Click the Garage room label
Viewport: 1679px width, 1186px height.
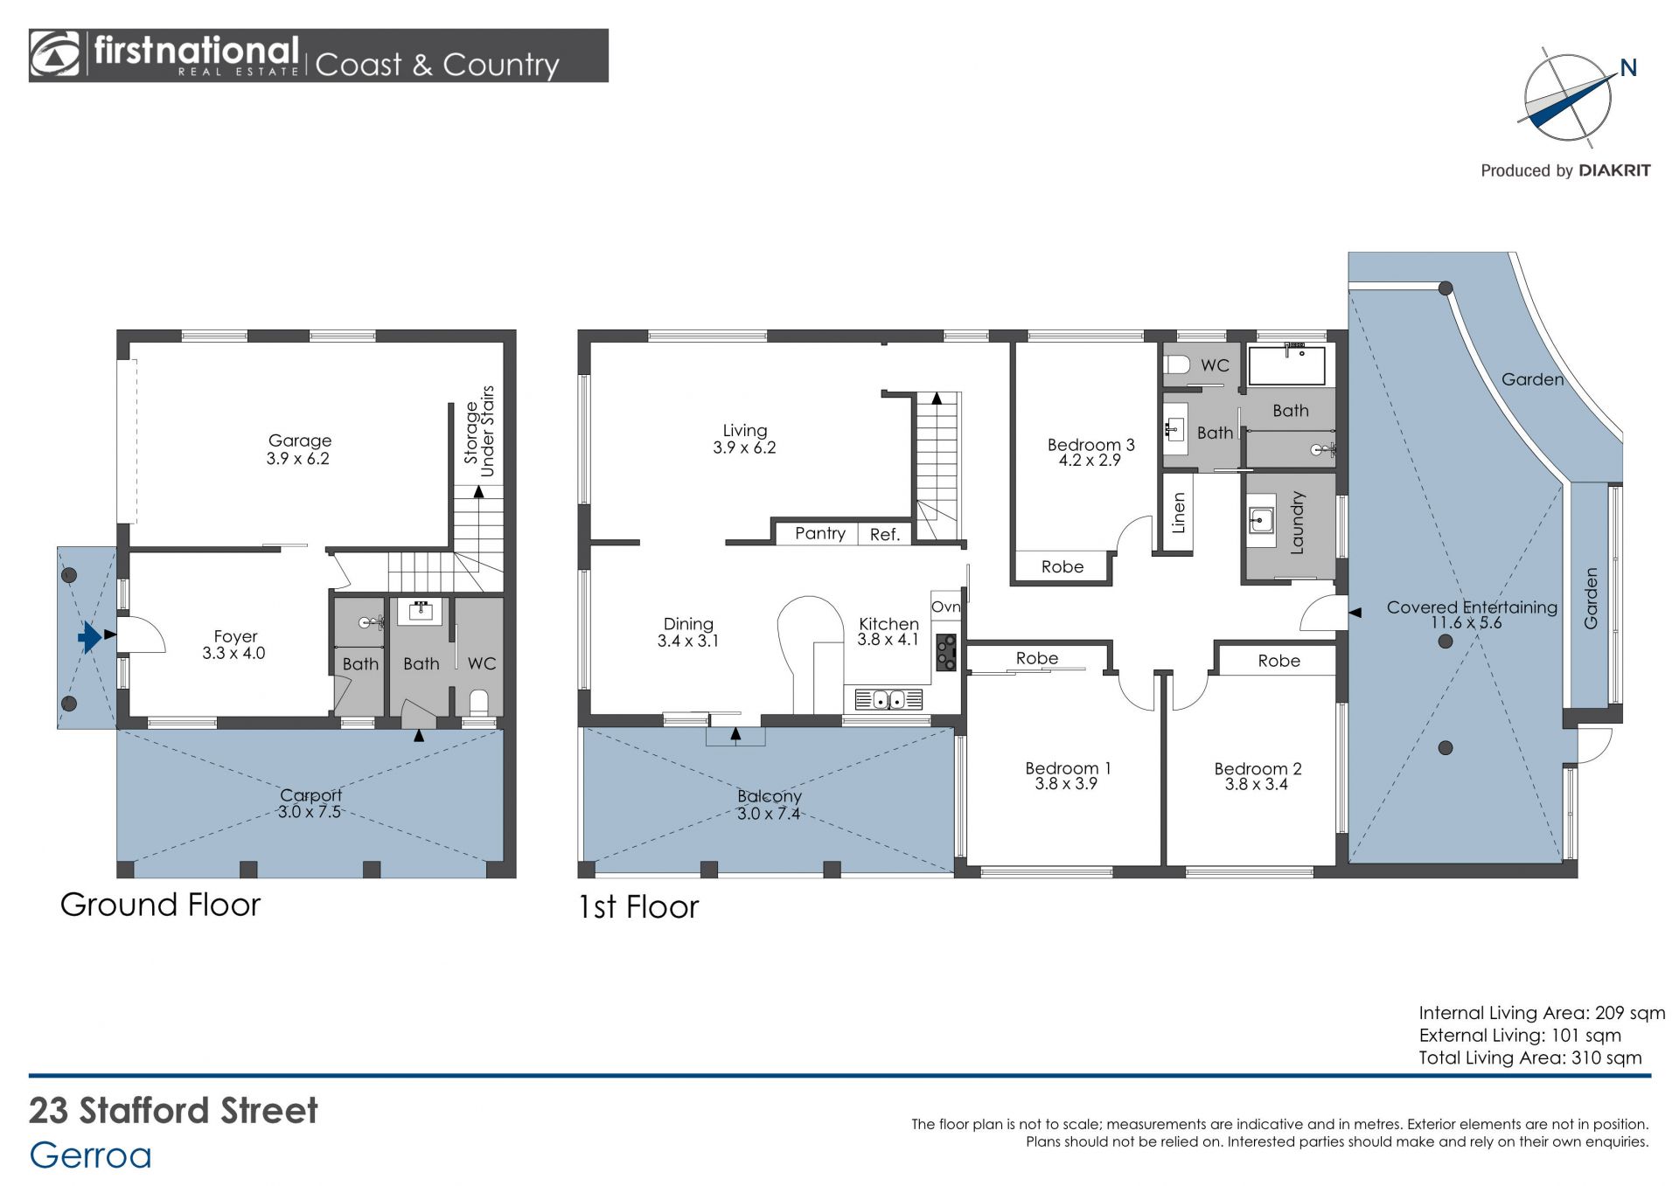pyautogui.click(x=299, y=440)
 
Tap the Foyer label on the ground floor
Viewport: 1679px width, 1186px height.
pyautogui.click(x=235, y=636)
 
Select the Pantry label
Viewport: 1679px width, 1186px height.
pyautogui.click(x=819, y=533)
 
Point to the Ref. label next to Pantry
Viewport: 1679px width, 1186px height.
pyautogui.click(x=884, y=535)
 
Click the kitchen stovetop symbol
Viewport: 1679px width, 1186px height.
pyautogui.click(x=946, y=652)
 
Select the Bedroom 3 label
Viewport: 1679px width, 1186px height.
pyautogui.click(x=1090, y=445)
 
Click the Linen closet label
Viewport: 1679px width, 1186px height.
pyautogui.click(x=1178, y=513)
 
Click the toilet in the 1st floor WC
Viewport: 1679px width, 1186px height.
pyautogui.click(x=1176, y=364)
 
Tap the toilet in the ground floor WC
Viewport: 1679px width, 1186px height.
pyautogui.click(x=478, y=703)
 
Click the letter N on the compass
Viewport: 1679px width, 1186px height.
pyautogui.click(x=1627, y=67)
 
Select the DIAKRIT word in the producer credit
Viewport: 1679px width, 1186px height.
pyautogui.click(x=1614, y=170)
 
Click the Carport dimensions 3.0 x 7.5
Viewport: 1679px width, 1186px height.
pyautogui.click(x=309, y=812)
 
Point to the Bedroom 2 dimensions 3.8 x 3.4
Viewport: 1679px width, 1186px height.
pyautogui.click(x=1256, y=785)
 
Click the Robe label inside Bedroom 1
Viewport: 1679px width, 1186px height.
pyautogui.click(x=1036, y=658)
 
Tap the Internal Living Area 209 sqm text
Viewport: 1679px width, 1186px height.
pyautogui.click(x=1542, y=1013)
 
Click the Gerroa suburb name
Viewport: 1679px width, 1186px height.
pyautogui.click(x=91, y=1155)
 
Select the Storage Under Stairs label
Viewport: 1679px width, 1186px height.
pyautogui.click(x=479, y=432)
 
